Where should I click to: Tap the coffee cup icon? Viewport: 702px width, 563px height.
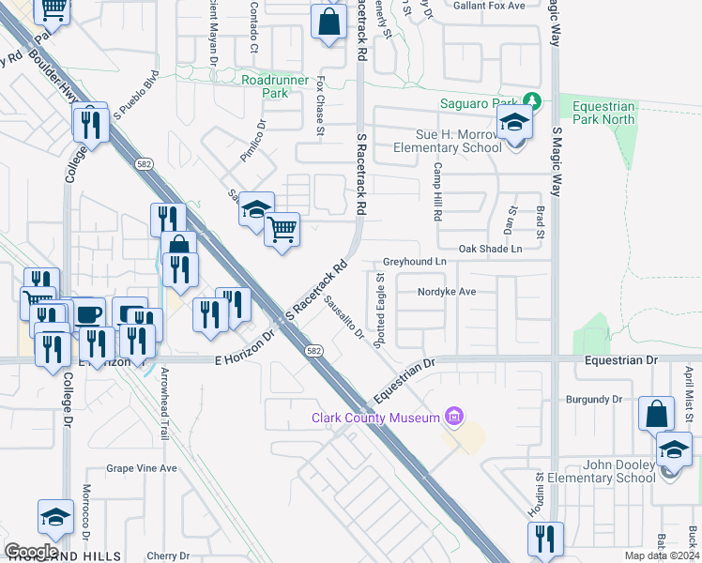click(x=89, y=314)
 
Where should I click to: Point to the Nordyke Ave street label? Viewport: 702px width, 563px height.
click(x=448, y=292)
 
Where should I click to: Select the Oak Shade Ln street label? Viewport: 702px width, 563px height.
click(x=489, y=249)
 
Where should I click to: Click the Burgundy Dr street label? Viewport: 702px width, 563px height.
click(x=594, y=399)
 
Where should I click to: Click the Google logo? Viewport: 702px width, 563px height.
click(x=31, y=552)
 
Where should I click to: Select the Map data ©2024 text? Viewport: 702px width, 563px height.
click(x=663, y=555)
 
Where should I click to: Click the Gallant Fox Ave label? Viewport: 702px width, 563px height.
click(x=486, y=6)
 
